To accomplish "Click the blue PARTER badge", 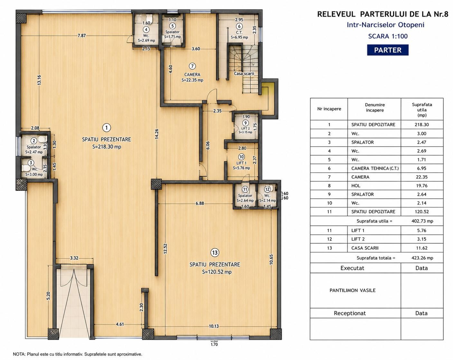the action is point(388,50).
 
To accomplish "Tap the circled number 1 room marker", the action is point(107,128).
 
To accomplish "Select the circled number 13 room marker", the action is point(215,252).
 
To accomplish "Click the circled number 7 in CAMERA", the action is point(192,66).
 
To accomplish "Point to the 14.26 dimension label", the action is point(156,134).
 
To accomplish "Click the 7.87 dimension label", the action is point(82,35).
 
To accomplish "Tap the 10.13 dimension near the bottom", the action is point(214,326).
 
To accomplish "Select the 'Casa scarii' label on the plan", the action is point(244,73).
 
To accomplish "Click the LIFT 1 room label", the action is point(241,163).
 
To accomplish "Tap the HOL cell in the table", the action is point(356,186).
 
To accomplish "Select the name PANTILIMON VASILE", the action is point(352,290).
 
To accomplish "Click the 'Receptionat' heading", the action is point(350,313).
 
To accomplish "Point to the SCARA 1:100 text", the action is point(388,36).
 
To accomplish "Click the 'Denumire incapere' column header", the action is point(375,107).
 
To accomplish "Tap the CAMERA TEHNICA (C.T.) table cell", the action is point(375,168).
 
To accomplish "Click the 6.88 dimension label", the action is point(200,204).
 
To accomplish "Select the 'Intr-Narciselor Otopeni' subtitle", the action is point(385,25).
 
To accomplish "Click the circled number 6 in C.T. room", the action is point(239,26).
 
